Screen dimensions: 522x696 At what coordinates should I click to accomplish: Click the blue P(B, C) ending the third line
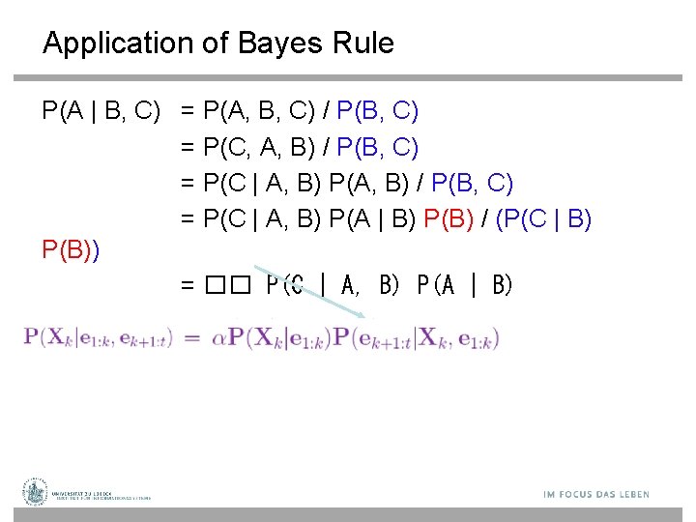click(x=473, y=184)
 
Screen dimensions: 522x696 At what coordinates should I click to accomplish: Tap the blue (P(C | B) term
click(x=543, y=219)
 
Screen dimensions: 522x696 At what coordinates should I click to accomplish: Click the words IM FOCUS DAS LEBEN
click(x=596, y=495)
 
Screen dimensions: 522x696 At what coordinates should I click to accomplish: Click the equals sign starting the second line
click(x=188, y=148)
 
